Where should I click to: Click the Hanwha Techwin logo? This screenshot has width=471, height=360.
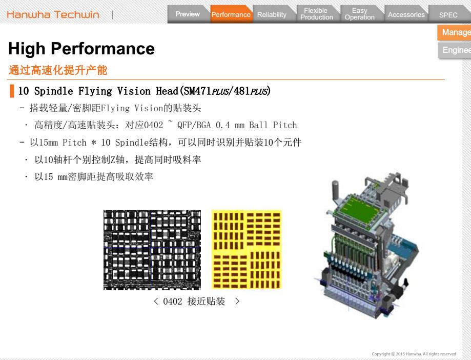tap(53, 14)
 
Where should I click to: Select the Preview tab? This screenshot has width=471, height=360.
tap(188, 14)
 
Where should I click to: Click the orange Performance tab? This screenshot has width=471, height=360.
tap(231, 14)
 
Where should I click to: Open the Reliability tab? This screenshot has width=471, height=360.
tap(272, 14)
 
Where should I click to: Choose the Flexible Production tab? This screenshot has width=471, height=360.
tap(317, 14)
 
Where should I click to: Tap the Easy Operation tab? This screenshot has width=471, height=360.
tap(360, 14)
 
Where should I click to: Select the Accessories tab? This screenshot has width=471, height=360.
tap(406, 14)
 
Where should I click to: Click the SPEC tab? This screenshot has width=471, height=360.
tap(448, 15)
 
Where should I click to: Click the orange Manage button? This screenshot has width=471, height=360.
tap(455, 32)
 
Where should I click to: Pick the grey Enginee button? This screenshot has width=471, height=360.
tap(455, 50)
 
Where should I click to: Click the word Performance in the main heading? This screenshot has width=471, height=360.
tap(103, 49)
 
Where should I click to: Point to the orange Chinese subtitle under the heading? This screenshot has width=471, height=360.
tap(58, 70)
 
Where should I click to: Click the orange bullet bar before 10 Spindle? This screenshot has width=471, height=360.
tap(12, 91)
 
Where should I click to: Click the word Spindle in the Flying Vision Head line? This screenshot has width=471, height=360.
tap(53, 91)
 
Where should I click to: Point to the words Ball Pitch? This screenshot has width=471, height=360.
tap(273, 125)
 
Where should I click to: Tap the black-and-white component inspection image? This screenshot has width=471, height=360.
tap(152, 250)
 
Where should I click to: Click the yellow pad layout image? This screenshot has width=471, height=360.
tap(247, 249)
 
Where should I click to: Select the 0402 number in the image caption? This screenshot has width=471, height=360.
tap(172, 301)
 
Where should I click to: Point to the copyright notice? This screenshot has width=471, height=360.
tap(414, 354)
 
